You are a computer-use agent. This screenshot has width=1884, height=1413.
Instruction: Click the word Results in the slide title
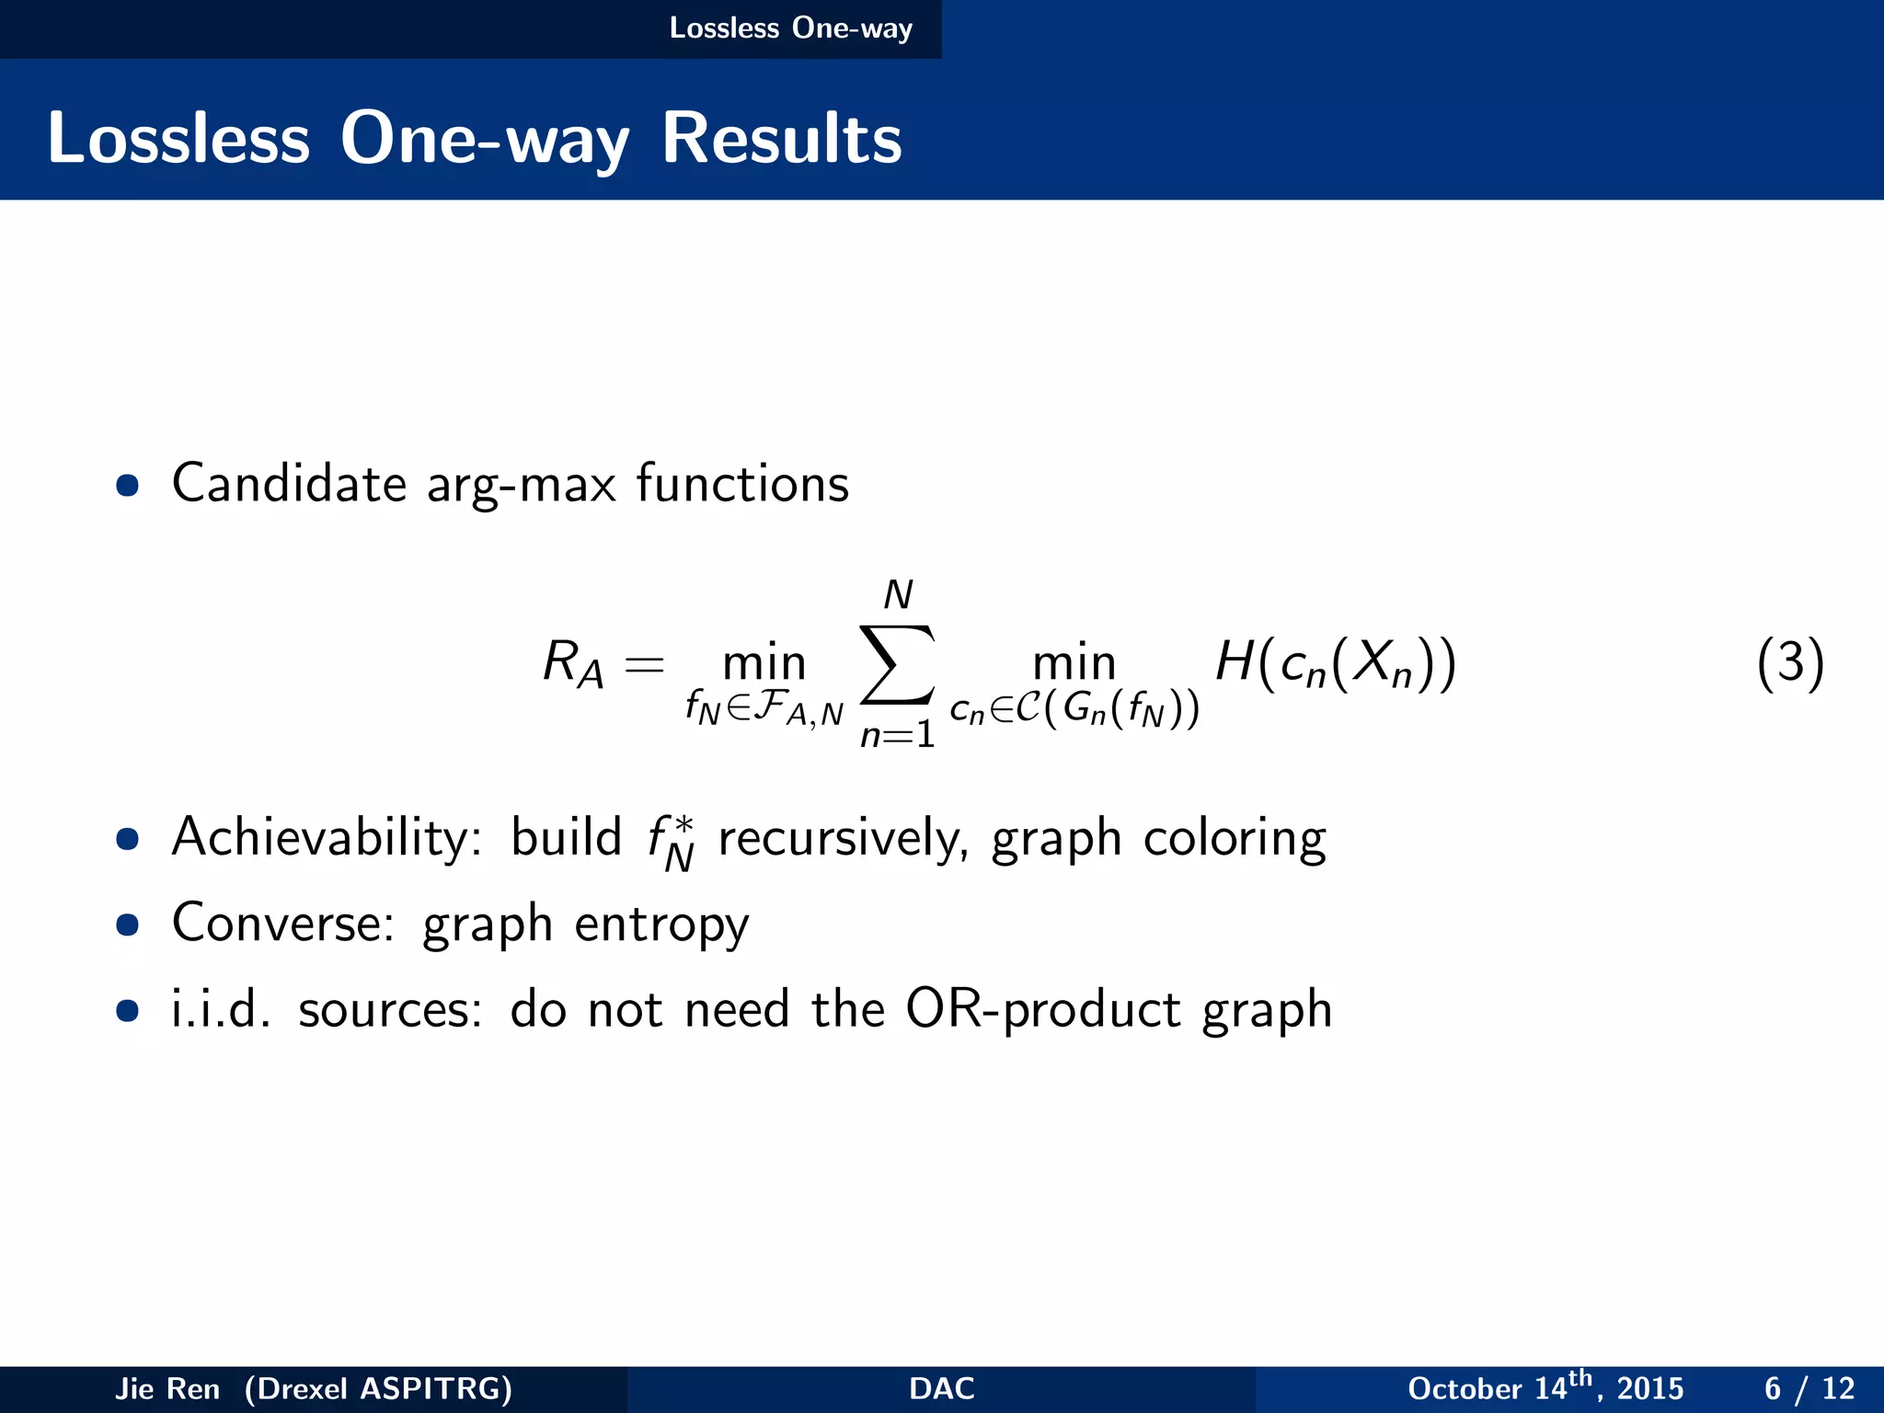(781, 139)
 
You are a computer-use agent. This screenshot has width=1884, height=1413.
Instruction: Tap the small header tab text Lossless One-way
(790, 28)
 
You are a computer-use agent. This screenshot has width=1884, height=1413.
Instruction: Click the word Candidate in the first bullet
(289, 484)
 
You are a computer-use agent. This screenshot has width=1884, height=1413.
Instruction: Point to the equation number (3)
(1789, 662)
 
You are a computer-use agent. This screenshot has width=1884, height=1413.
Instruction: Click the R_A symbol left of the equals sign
(572, 662)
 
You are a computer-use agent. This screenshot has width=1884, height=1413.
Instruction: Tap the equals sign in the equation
(644, 663)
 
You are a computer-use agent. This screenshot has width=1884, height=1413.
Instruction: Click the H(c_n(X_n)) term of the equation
(1336, 662)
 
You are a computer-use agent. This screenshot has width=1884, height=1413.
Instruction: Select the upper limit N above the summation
(898, 595)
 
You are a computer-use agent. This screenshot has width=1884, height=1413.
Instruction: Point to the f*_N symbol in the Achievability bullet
(671, 842)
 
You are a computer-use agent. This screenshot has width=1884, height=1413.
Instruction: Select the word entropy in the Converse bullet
(661, 925)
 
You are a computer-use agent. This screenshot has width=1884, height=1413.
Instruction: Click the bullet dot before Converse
(128, 924)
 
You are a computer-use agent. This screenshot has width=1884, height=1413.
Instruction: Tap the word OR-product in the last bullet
(1043, 1009)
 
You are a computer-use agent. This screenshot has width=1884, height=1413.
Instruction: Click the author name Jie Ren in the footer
(167, 1388)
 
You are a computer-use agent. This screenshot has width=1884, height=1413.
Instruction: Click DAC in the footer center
(941, 1388)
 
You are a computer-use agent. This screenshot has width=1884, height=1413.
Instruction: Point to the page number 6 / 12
(1809, 1388)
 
